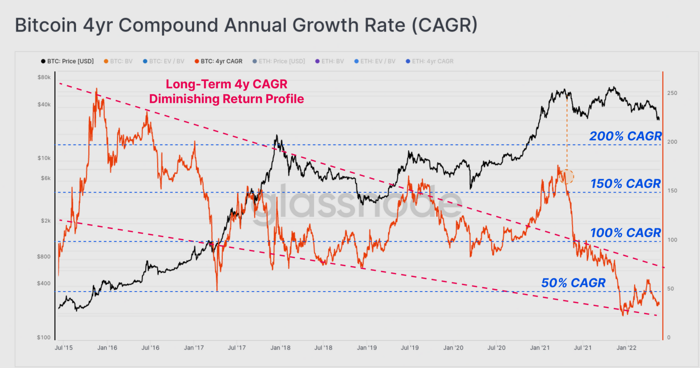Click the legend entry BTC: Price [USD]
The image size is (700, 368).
coord(67,61)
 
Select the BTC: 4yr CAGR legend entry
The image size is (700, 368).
coord(218,61)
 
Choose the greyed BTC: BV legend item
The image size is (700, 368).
coord(118,61)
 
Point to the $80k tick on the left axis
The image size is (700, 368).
coord(44,77)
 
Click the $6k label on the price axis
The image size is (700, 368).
coord(45,178)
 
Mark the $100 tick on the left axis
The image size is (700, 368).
coord(44,337)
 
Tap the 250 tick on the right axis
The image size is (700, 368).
coord(672,93)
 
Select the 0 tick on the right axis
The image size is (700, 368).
coord(669,338)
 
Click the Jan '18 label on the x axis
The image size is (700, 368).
coord(280,348)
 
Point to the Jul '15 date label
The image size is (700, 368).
coord(64,348)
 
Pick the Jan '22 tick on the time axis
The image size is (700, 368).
coord(627,348)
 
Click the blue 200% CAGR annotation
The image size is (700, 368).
coord(625,136)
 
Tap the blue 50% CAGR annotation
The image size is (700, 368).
coord(573,283)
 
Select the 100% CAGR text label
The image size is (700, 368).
coord(625,233)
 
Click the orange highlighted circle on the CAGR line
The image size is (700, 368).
coord(567,176)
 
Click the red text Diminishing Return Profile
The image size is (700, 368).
coord(227,99)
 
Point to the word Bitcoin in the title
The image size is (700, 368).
coord(46,25)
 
